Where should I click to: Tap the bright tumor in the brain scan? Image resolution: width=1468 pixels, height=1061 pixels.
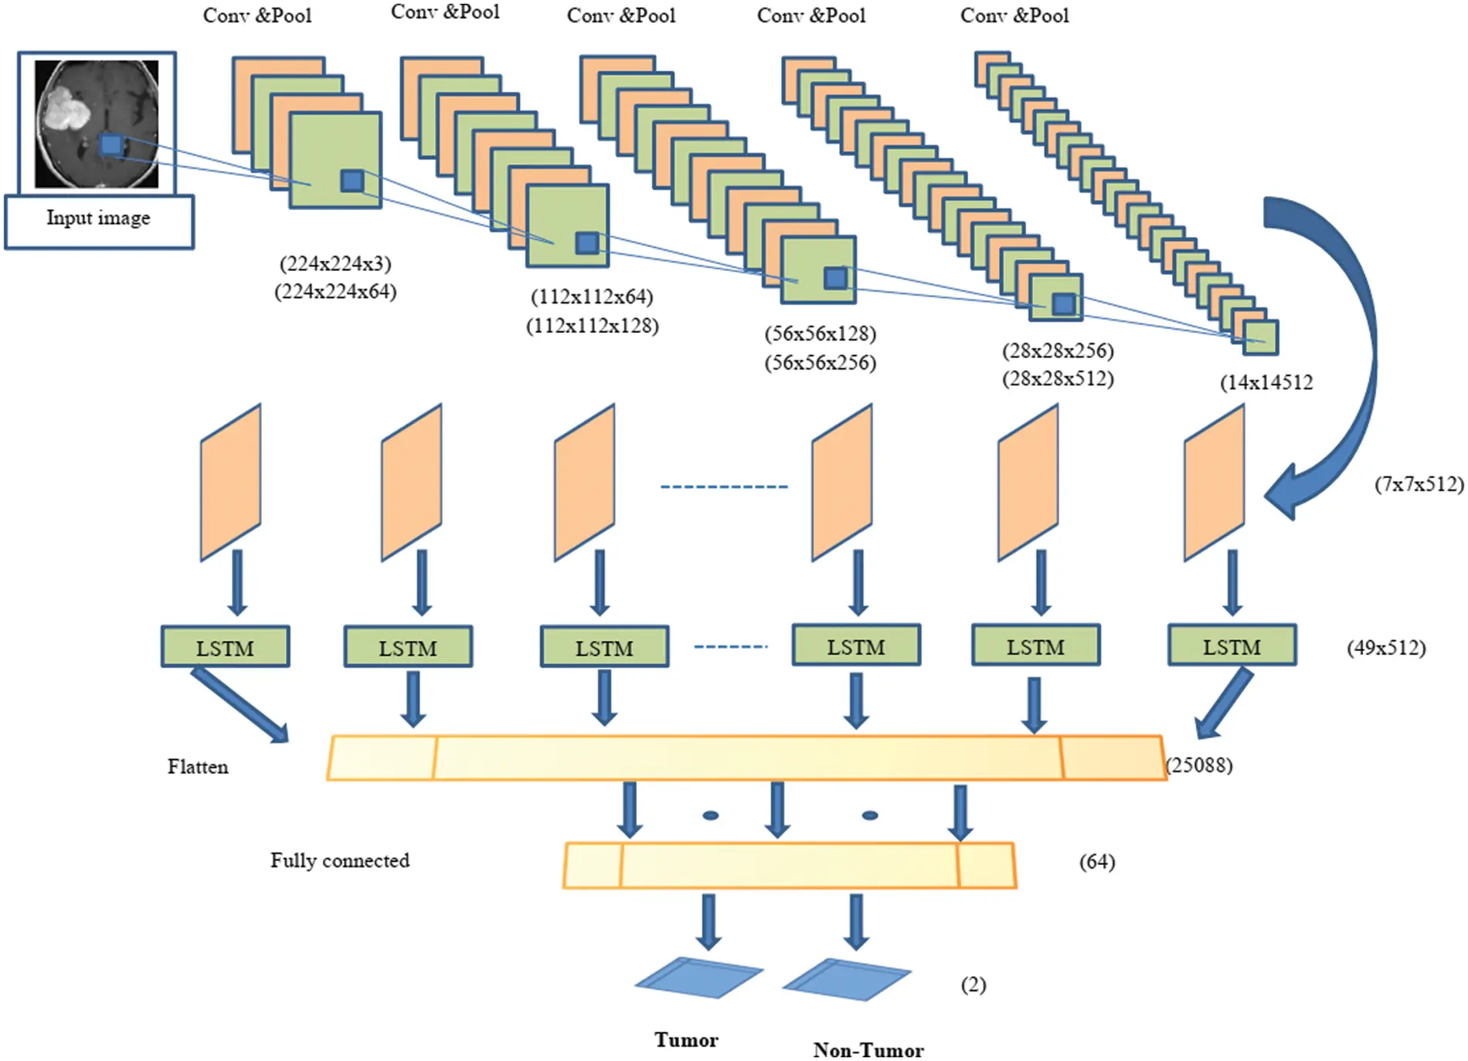[x=65, y=109]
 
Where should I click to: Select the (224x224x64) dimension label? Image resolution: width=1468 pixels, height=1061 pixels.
[x=335, y=292]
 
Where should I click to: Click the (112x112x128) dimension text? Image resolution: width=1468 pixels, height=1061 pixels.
[x=593, y=326]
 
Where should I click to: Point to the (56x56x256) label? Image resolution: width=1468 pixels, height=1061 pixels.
[x=821, y=363]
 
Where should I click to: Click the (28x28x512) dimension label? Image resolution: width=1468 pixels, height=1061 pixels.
[x=1058, y=379]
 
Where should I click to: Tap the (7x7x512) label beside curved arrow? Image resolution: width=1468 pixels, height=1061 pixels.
[x=1419, y=485]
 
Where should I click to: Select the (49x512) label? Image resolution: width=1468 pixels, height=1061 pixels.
[x=1386, y=648]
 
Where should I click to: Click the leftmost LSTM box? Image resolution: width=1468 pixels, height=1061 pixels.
[x=225, y=647]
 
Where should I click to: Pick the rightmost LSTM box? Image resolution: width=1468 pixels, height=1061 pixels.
[x=1232, y=646]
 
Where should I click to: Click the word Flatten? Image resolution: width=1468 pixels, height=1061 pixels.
[x=198, y=767]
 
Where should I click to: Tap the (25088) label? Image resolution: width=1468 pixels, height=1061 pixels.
[x=1200, y=765]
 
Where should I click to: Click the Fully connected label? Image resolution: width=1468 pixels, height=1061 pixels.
[x=339, y=860]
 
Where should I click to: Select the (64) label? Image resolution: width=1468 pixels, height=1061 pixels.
[x=1097, y=862]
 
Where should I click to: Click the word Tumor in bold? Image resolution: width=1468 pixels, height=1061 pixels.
[x=686, y=1040]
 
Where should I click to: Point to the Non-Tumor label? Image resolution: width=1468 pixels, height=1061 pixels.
[x=868, y=1050]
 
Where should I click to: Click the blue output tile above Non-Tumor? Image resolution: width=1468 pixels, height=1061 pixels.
[x=847, y=979]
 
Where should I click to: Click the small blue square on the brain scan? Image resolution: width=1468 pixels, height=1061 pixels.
[x=111, y=144]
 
